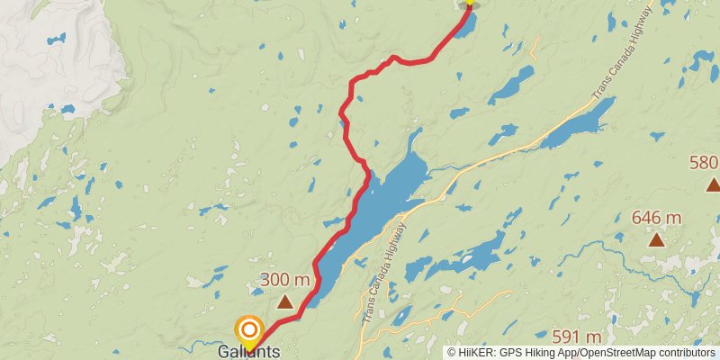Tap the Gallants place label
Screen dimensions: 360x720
pos(248,352)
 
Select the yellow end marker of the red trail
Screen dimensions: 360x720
pos(468,4)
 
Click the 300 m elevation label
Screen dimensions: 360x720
pos(284,280)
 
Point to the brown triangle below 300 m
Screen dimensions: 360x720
pos(284,302)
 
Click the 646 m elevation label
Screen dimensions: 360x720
pos(656,217)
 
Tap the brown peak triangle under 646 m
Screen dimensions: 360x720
pos(657,239)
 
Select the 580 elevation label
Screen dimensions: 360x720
pos(703,163)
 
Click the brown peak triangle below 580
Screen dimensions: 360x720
pos(713,185)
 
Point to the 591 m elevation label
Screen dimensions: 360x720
pos(576,337)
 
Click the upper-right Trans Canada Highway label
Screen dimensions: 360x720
pos(620,54)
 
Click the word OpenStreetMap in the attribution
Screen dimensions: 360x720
pos(616,353)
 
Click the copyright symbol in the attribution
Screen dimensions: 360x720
pos(452,353)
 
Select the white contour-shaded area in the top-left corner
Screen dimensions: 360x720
pos(54,54)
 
